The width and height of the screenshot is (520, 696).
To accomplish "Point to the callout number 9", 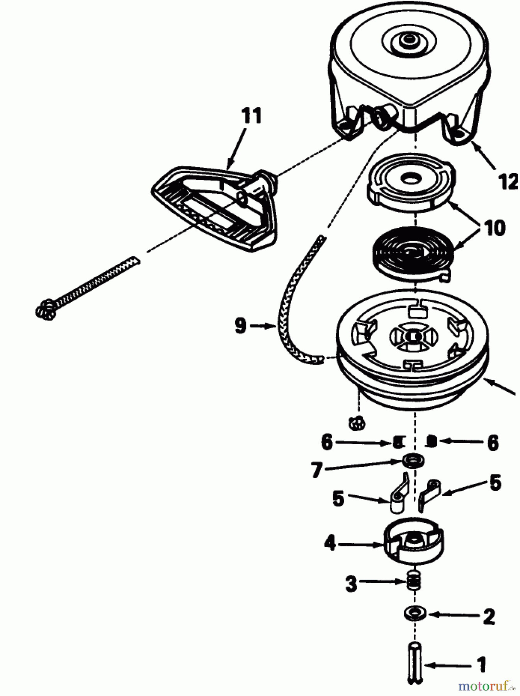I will point(240,326).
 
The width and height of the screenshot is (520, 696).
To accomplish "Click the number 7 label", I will point(317,470).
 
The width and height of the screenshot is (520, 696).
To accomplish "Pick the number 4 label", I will point(330,543).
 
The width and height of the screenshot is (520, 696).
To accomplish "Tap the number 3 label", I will point(351,583).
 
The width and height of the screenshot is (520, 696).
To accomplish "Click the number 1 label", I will point(481,665).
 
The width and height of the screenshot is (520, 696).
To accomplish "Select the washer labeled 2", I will point(415,613).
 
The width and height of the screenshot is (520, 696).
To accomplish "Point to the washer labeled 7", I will point(413,461).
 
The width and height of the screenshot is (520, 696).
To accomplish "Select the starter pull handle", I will point(214,207).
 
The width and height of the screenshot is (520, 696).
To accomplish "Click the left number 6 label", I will point(327,442).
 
